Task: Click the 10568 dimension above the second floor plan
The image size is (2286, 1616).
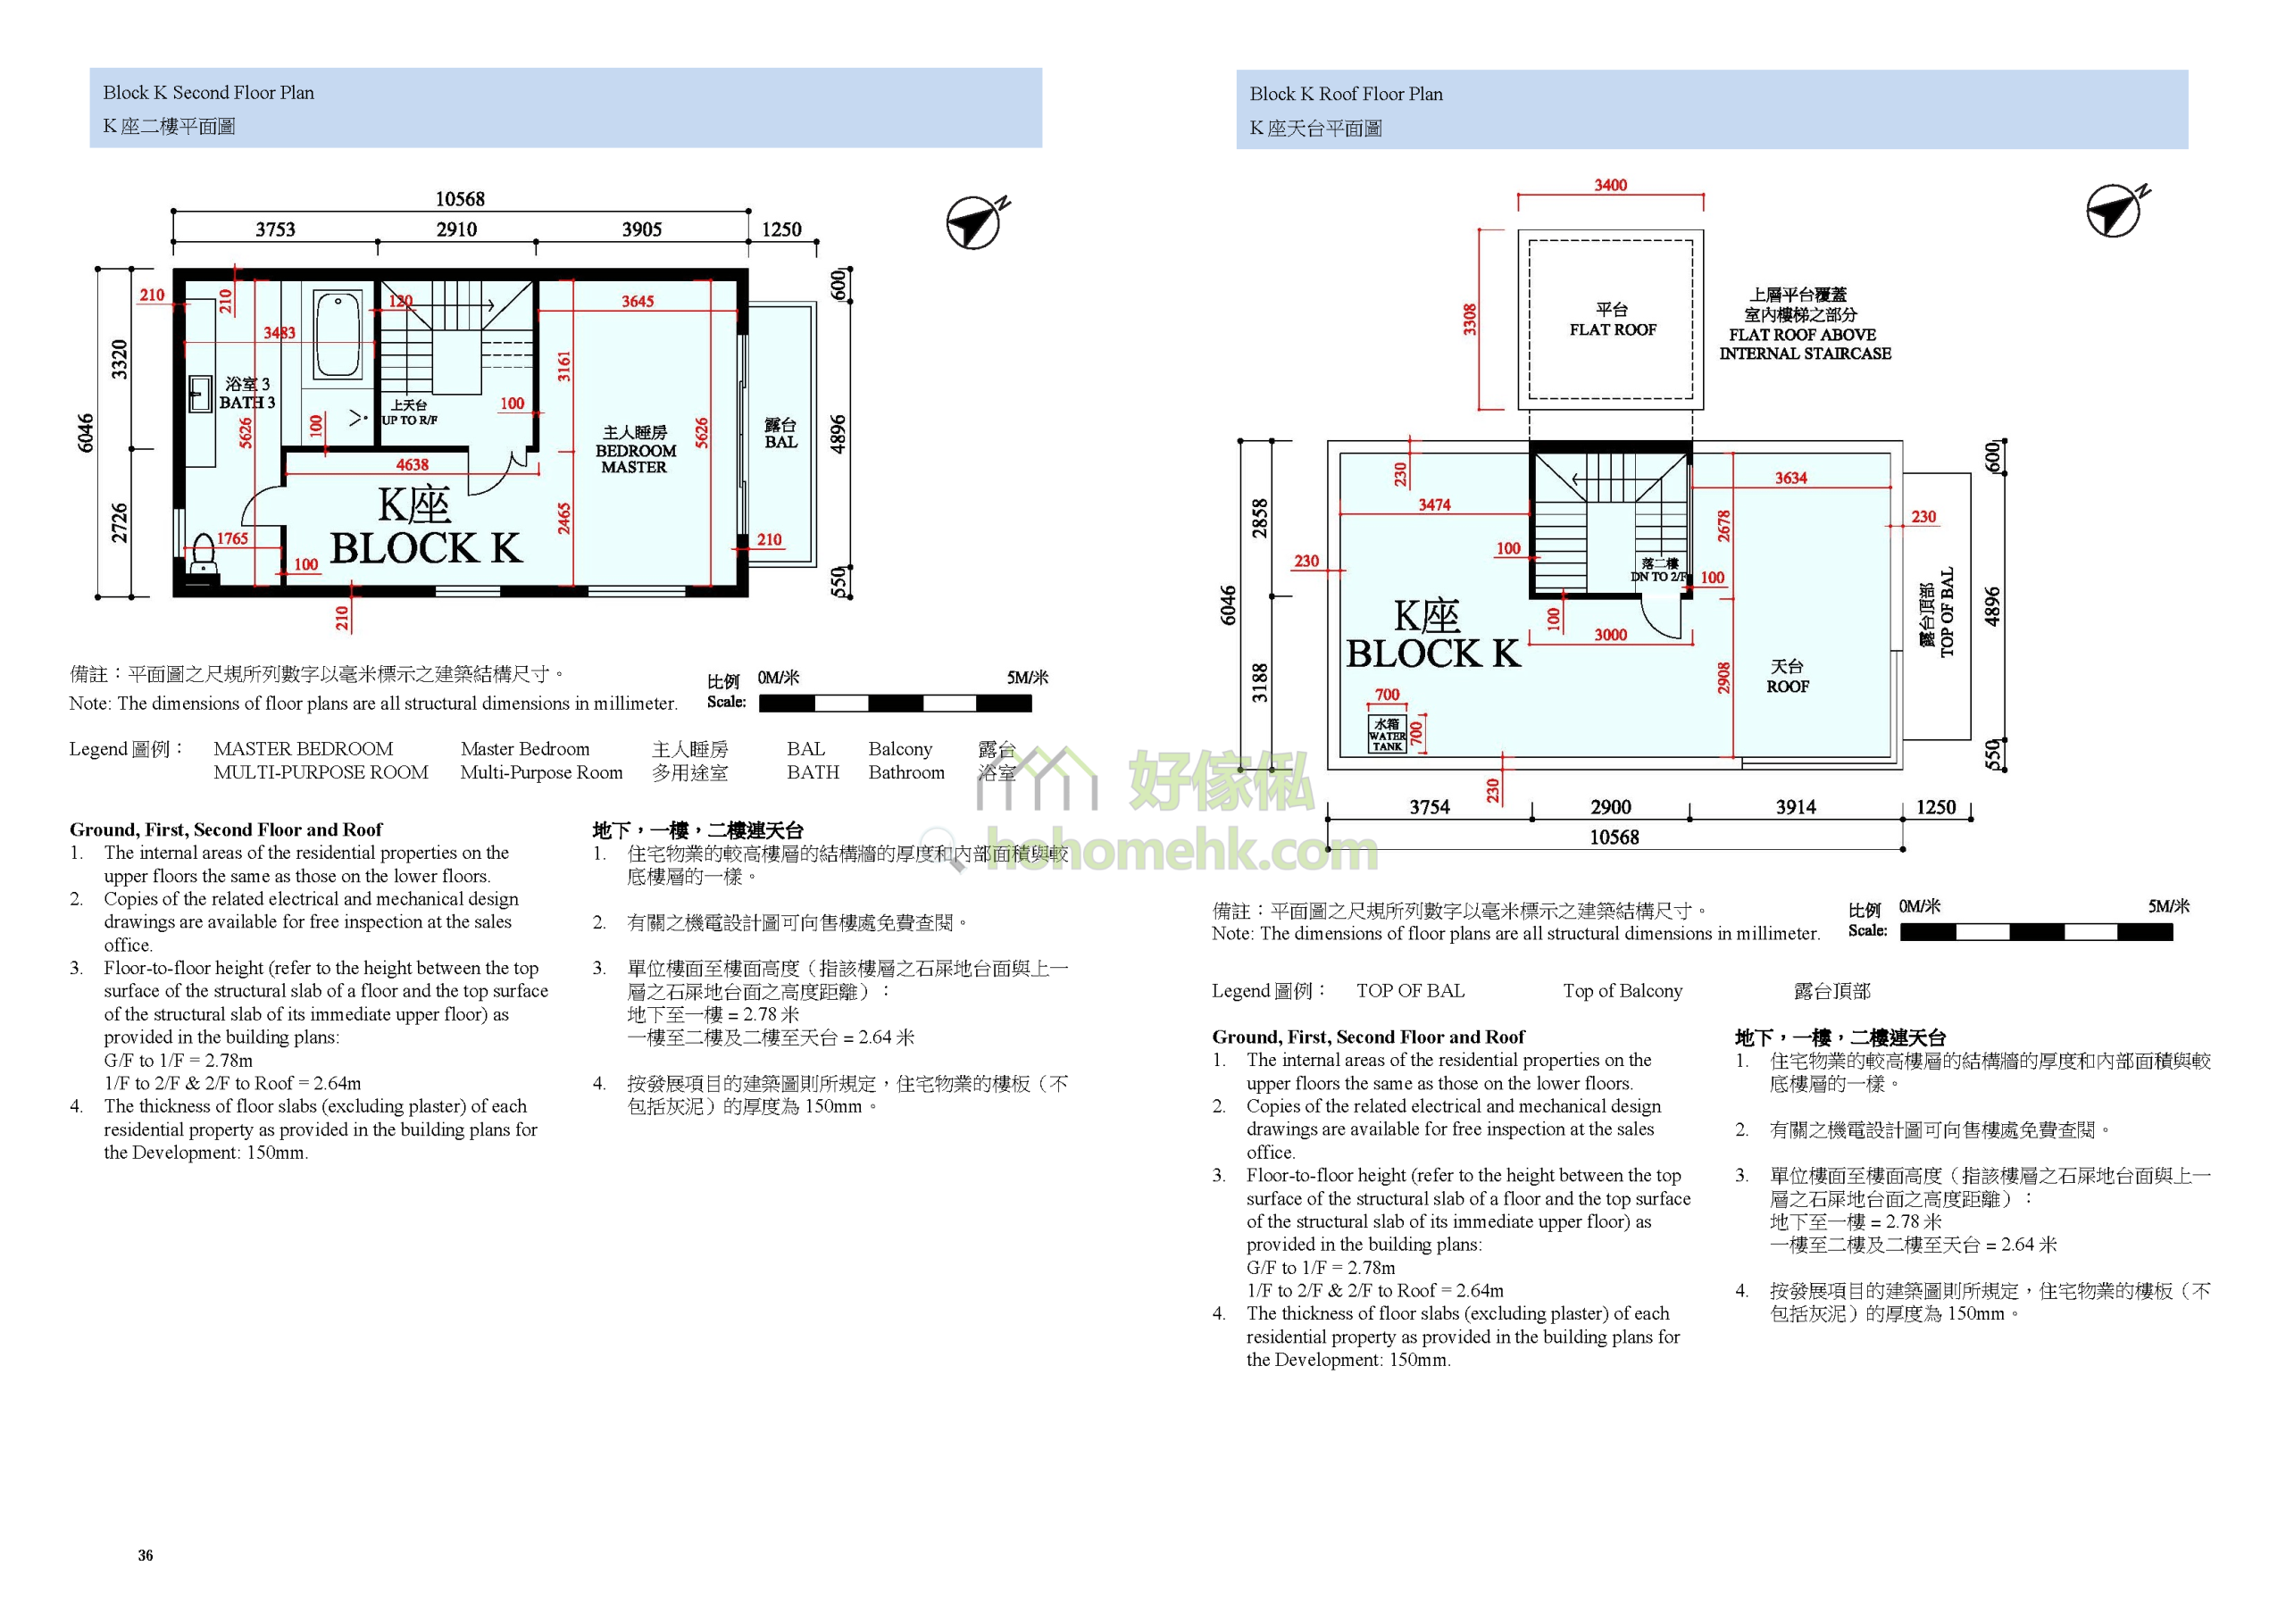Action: pyautogui.click(x=460, y=199)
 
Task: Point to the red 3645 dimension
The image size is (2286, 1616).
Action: pyautogui.click(x=638, y=302)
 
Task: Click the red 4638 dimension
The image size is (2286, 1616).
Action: pyautogui.click(x=413, y=465)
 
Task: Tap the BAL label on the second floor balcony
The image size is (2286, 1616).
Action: pyautogui.click(x=780, y=442)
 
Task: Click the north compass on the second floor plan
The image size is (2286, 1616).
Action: pyautogui.click(x=976, y=221)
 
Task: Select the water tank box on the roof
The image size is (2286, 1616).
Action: pyautogui.click(x=1387, y=733)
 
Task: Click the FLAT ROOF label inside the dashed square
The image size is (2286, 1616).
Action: pyautogui.click(x=1613, y=329)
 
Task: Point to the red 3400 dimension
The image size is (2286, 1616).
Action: pyautogui.click(x=1610, y=185)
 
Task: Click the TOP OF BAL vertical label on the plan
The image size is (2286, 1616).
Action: pyautogui.click(x=1948, y=612)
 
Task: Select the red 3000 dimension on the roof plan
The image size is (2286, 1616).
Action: pyautogui.click(x=1610, y=636)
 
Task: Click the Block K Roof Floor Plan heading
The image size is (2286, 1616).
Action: pyautogui.click(x=1345, y=95)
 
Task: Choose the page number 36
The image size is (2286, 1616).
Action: pyautogui.click(x=146, y=1555)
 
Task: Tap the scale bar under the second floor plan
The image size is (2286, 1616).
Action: pyautogui.click(x=895, y=703)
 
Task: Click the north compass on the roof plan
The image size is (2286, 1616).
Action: pyautogui.click(x=2116, y=210)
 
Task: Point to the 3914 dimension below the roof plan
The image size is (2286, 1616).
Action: pyautogui.click(x=1796, y=807)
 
